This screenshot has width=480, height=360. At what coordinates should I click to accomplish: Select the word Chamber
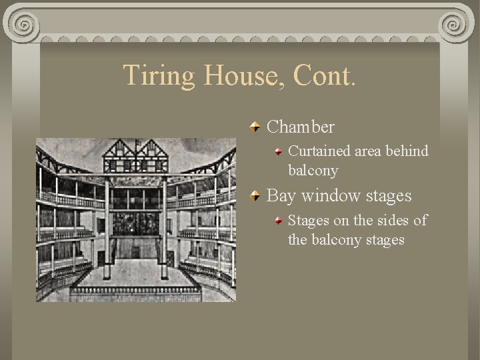coord(301,126)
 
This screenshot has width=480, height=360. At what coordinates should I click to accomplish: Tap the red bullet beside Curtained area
coord(279,152)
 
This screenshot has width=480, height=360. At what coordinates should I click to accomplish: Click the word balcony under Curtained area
coord(313,171)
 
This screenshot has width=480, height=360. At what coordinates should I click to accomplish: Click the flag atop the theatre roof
coord(137,142)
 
